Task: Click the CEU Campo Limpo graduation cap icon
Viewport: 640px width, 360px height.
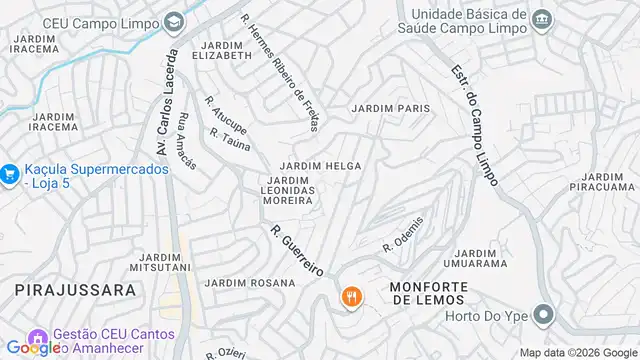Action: coord(175,21)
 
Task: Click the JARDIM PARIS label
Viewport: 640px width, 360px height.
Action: coord(390,108)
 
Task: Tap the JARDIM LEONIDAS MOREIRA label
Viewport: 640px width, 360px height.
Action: coord(289,189)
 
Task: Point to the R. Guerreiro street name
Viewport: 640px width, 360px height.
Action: coord(297,250)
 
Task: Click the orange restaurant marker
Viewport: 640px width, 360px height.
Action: coord(351,296)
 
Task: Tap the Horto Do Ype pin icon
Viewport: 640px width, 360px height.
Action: coord(543,316)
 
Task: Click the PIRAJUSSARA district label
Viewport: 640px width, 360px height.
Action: coord(75,290)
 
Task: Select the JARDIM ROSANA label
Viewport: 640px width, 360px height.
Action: coord(249,283)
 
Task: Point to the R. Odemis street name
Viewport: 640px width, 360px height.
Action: coord(403,234)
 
